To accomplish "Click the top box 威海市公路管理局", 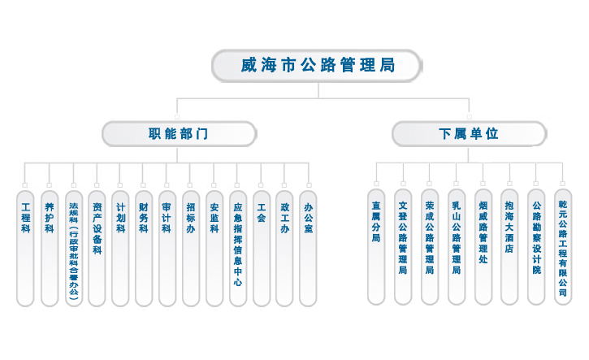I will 318,65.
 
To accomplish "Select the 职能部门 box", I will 179,134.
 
